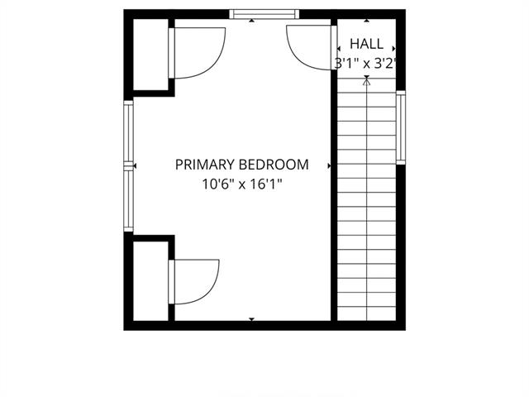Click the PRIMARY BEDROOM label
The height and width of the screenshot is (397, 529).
coord(242,165)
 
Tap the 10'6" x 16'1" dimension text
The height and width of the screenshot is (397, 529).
coord(242,184)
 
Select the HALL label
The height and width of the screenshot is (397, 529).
coord(366,44)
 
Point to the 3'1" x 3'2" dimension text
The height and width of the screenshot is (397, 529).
coord(365,63)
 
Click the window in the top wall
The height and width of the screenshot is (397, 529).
coord(264,14)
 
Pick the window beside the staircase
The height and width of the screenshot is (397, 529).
coord(400,127)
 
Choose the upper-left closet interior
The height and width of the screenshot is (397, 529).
coord(150,55)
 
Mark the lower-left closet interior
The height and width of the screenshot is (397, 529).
coord(150,281)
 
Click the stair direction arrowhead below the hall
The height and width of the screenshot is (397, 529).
coord(367,79)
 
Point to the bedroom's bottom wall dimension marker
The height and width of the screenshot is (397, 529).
coord(251,319)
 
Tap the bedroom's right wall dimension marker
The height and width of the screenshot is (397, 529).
coord(329,165)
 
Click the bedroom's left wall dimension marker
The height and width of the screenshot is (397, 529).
coord(135,165)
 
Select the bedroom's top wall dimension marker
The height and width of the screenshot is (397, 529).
coord(251,21)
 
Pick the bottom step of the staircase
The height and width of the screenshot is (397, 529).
coord(367,313)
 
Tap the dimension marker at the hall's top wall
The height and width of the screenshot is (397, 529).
coord(367,21)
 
